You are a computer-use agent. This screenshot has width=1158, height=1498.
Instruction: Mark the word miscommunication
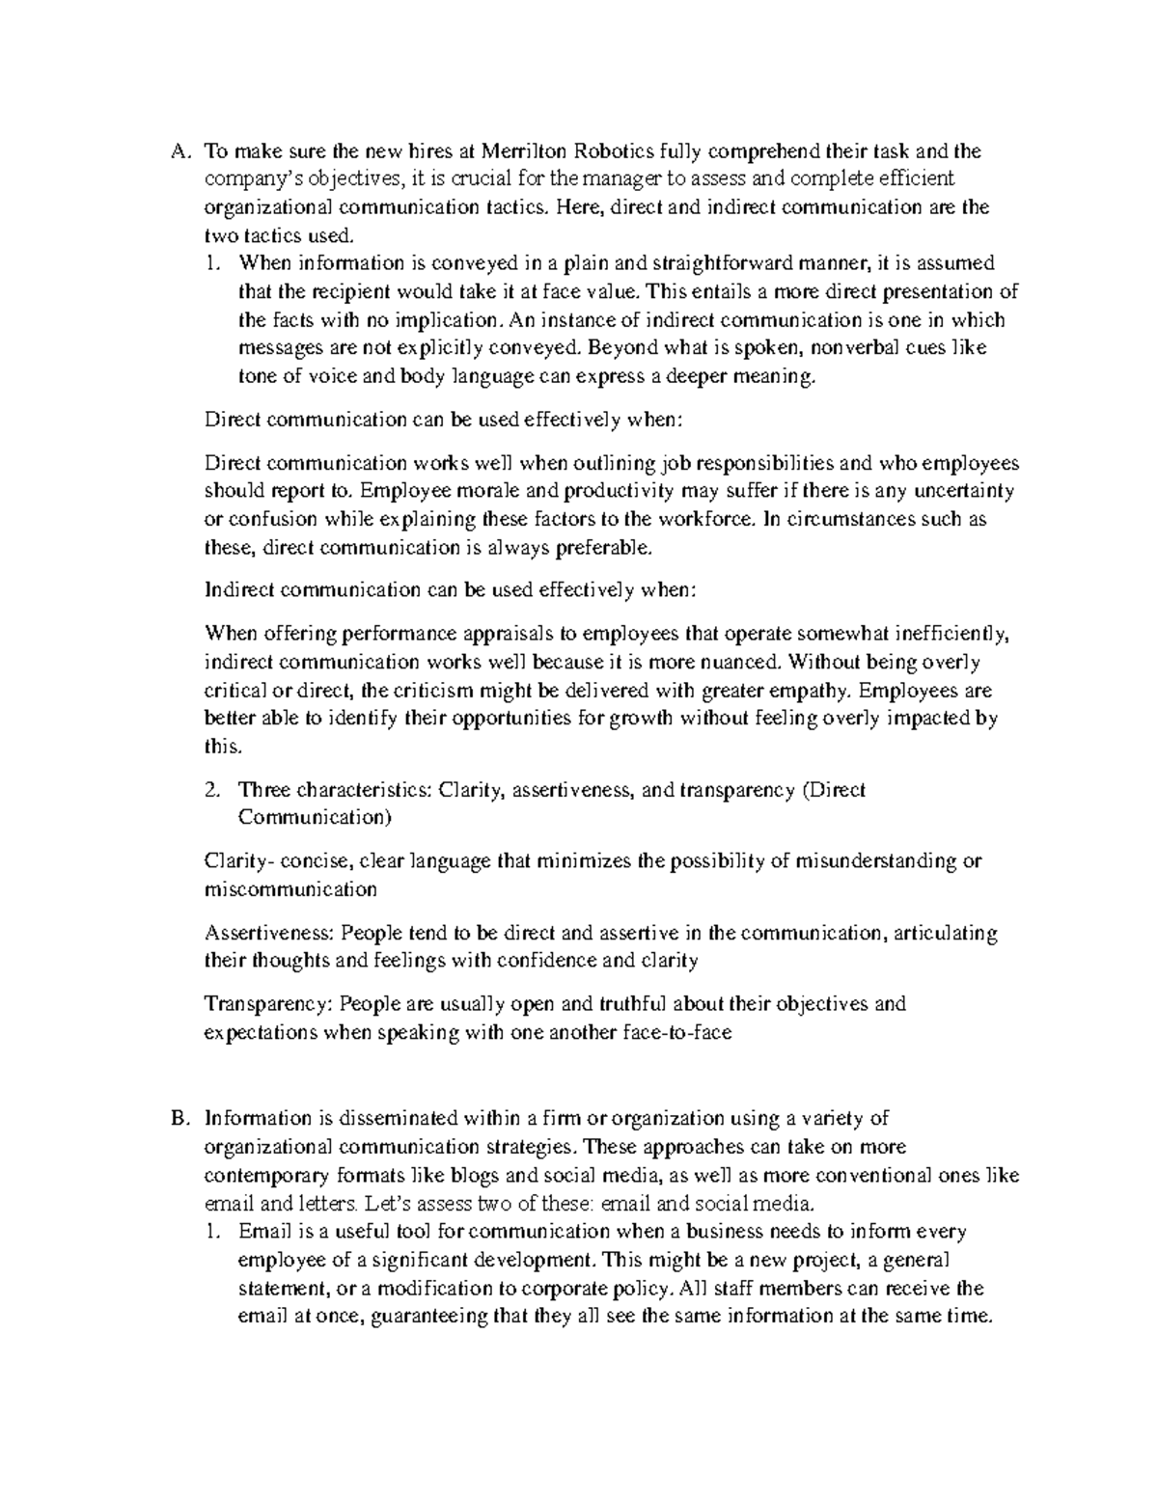tap(290, 889)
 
